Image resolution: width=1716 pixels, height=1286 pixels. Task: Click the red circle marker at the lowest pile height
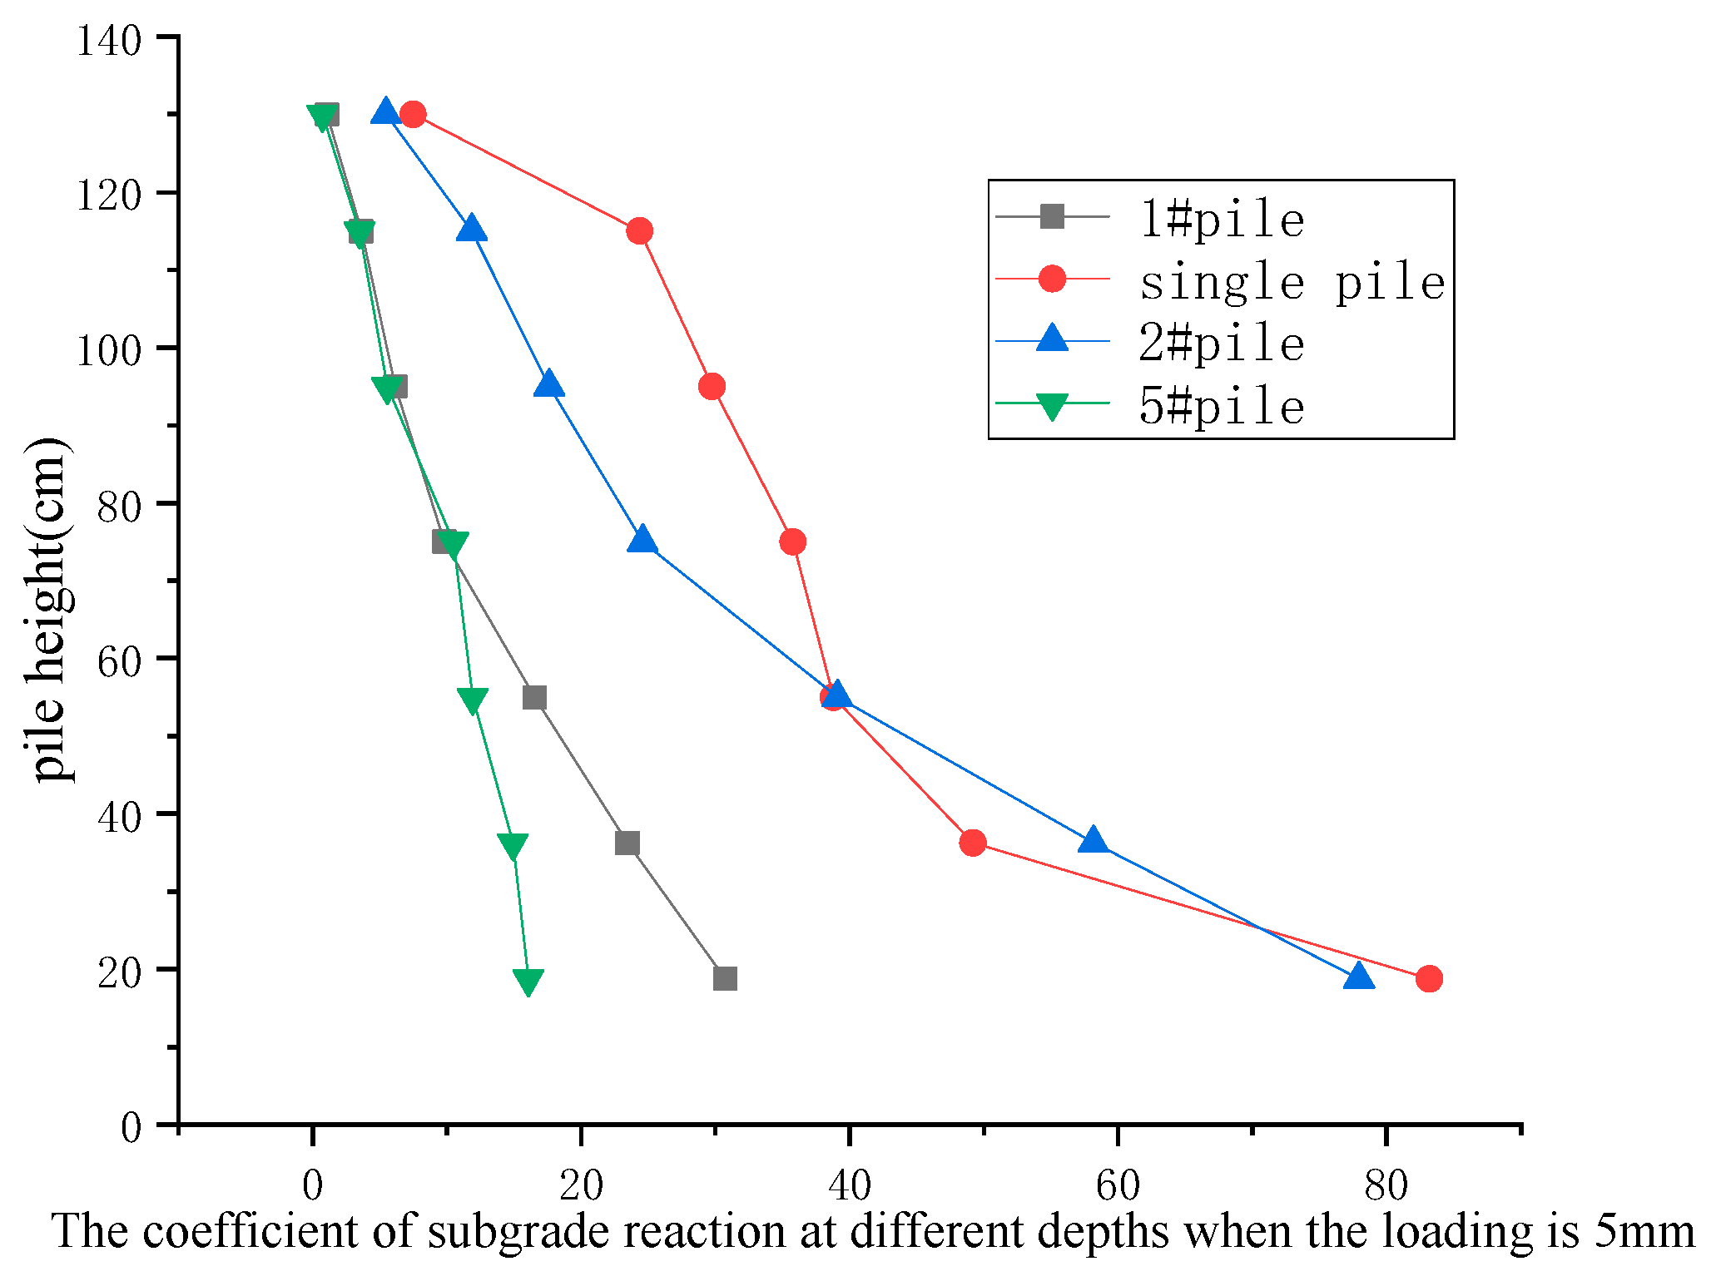(x=1429, y=979)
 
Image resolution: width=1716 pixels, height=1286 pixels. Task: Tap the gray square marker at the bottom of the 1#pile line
(x=725, y=979)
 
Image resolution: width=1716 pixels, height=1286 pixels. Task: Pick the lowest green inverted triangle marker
(x=528, y=982)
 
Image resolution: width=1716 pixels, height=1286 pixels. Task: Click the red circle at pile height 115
(x=639, y=231)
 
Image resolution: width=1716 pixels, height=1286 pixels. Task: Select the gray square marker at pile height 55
(x=534, y=698)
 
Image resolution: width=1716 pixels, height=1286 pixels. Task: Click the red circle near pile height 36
(x=972, y=843)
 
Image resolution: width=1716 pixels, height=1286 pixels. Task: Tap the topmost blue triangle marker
(x=385, y=111)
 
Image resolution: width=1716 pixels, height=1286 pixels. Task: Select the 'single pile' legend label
(x=1292, y=283)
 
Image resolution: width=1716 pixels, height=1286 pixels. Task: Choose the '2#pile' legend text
(x=1221, y=344)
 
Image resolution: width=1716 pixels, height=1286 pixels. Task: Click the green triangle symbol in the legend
(x=1053, y=407)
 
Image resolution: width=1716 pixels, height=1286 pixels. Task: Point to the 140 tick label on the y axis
(x=109, y=40)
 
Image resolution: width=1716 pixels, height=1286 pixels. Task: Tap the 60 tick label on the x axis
(x=1117, y=1185)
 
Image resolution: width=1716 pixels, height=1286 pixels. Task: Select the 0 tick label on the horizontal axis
(x=312, y=1185)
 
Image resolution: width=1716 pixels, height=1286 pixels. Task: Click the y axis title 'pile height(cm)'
(x=48, y=610)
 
